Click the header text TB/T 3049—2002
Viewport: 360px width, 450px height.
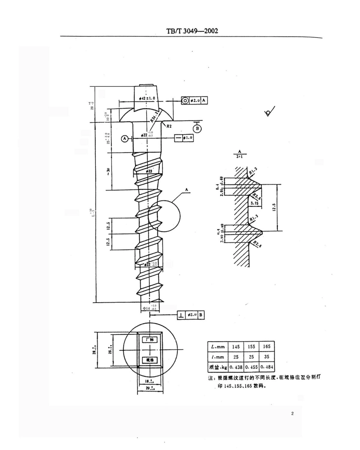click(192, 31)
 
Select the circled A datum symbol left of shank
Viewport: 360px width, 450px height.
click(124, 139)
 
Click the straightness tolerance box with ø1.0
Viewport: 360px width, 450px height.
click(184, 138)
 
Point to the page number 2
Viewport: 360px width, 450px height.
click(292, 414)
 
